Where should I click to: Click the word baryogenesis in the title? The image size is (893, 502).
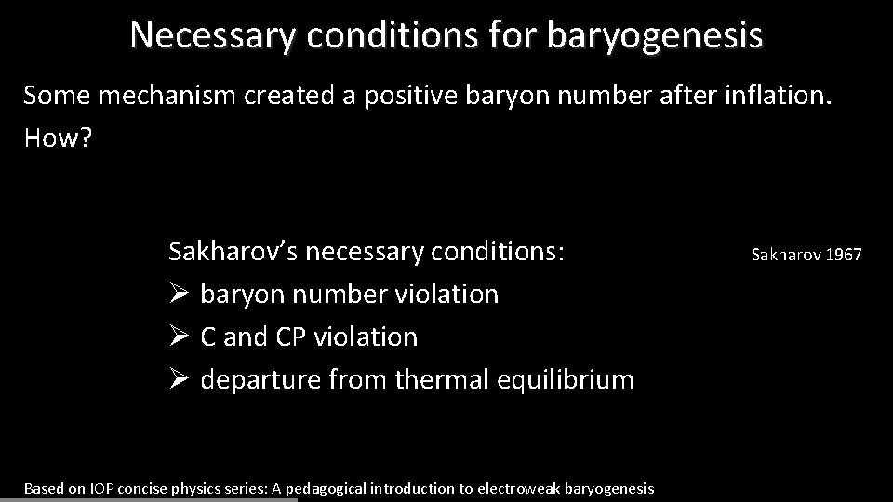[x=655, y=34]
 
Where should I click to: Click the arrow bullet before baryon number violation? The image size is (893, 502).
[x=180, y=295]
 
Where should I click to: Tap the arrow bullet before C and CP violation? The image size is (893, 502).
[x=180, y=337]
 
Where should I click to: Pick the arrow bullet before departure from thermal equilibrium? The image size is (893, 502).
[x=180, y=379]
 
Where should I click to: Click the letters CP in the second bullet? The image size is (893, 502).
[x=290, y=337]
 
